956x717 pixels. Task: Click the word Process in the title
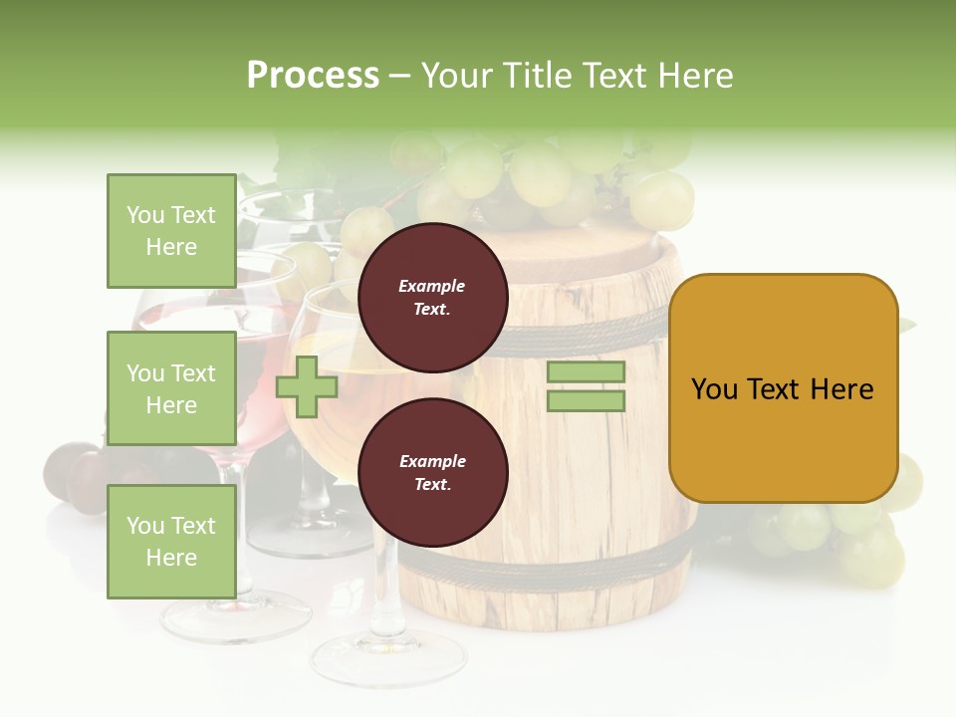tap(313, 76)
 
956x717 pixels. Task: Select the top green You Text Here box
tap(171, 231)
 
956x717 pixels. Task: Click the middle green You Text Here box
tap(171, 388)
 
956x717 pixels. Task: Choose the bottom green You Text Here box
tap(171, 542)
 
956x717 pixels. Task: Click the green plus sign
tap(307, 386)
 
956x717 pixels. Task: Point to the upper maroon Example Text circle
tap(432, 297)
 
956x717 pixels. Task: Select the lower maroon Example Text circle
tap(432, 472)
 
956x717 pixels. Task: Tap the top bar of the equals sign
tap(586, 371)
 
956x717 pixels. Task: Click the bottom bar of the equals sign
tap(586, 400)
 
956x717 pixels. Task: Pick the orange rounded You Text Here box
tap(783, 388)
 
